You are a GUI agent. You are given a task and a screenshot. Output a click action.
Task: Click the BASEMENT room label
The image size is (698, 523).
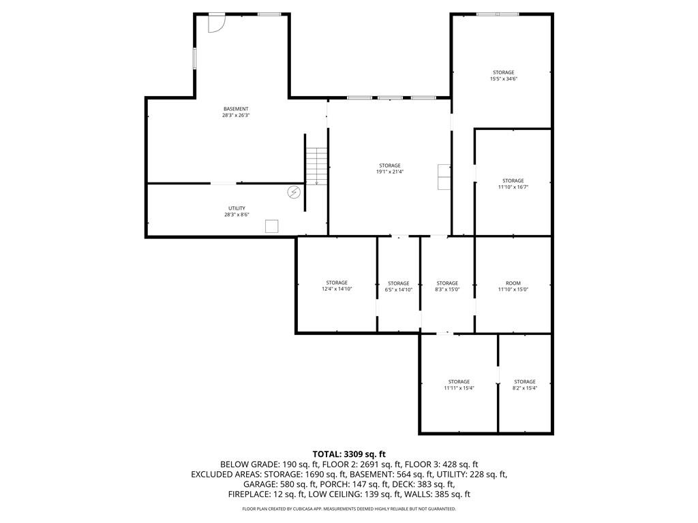(x=236, y=109)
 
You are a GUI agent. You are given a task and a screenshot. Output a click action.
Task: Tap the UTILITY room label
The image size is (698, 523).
(x=237, y=208)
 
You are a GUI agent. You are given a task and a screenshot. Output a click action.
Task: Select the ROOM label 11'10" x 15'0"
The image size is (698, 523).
(x=513, y=283)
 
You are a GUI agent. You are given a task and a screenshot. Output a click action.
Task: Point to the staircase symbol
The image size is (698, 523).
(x=316, y=165)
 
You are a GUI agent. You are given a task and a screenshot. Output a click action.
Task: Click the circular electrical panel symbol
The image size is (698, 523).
(x=294, y=193)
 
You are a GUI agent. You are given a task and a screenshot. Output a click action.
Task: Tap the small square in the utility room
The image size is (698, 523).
(x=272, y=227)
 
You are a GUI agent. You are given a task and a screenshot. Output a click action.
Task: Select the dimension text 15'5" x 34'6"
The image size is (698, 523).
(x=504, y=79)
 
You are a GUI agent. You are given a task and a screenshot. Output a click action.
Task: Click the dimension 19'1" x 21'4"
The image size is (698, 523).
(x=389, y=172)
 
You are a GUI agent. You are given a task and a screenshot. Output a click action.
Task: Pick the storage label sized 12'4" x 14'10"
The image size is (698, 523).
(x=337, y=283)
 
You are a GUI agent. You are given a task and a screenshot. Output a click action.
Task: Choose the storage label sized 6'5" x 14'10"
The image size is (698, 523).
(x=399, y=283)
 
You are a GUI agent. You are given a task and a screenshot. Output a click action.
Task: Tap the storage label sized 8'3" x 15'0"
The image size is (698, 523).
(x=447, y=283)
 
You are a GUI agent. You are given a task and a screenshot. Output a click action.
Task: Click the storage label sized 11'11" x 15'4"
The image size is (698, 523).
(x=459, y=382)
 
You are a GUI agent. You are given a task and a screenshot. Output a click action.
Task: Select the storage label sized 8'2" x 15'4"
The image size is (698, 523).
(x=525, y=382)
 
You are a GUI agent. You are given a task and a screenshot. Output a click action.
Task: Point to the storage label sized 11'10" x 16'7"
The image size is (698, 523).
(x=513, y=181)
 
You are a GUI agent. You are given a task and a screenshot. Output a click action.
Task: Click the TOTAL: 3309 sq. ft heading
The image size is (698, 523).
(x=349, y=454)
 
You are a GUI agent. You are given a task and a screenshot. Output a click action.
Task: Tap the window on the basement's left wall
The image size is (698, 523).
(x=194, y=58)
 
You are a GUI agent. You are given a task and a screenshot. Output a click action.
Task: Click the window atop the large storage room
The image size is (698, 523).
(x=497, y=14)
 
